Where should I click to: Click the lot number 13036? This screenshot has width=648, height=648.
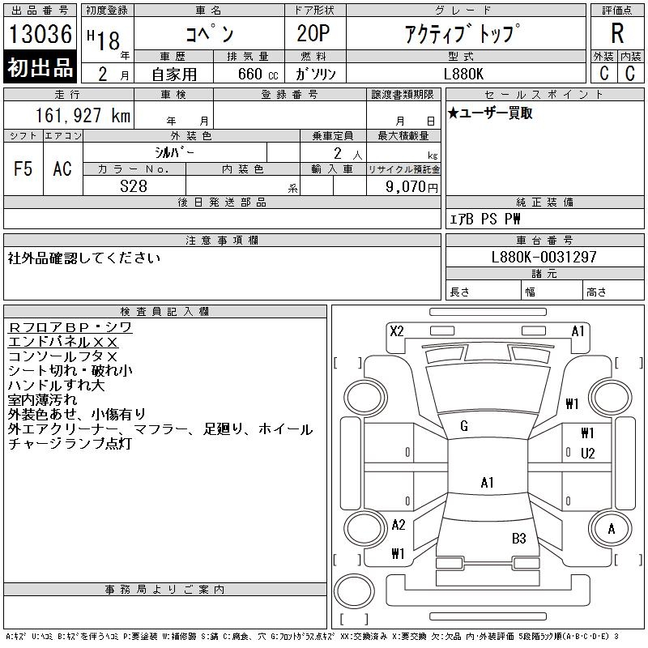(x=40, y=34)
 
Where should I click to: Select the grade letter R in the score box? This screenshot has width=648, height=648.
(x=617, y=33)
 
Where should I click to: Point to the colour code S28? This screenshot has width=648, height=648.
(x=134, y=185)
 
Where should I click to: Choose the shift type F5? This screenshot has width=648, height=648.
(x=23, y=168)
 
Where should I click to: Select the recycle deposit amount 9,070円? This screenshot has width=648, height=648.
(x=414, y=186)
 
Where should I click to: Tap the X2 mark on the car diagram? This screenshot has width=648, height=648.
(x=397, y=330)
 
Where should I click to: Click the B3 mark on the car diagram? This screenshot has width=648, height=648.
(x=518, y=538)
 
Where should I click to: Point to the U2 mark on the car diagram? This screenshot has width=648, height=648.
(x=587, y=453)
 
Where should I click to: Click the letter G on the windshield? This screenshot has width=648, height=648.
(x=464, y=426)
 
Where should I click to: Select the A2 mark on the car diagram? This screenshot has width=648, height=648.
(x=398, y=525)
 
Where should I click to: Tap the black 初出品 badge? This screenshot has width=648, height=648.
(x=40, y=67)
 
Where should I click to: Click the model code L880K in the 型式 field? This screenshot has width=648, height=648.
(x=465, y=73)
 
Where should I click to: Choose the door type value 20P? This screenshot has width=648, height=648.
(x=309, y=34)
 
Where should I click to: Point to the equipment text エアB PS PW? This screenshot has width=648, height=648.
(x=485, y=219)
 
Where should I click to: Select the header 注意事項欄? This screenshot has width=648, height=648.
(x=222, y=241)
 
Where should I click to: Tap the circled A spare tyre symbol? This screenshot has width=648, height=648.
(x=612, y=529)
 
